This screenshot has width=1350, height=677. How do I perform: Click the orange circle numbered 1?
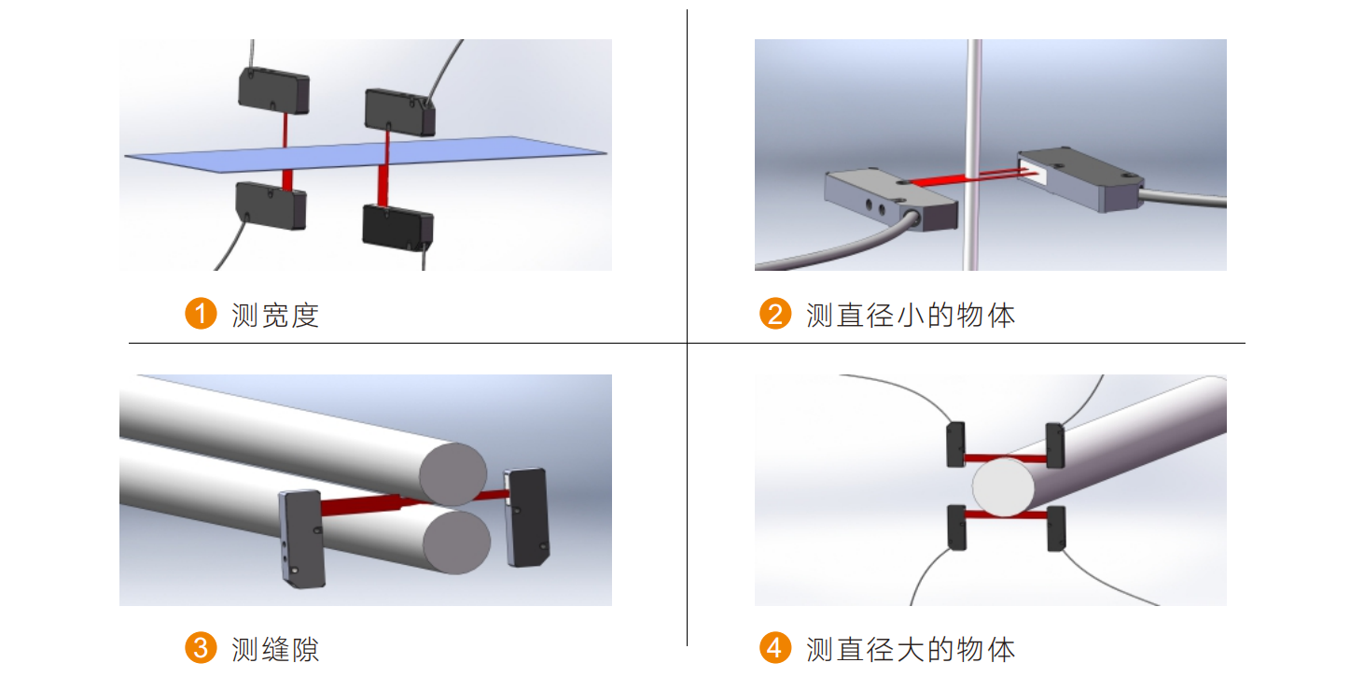[201, 313]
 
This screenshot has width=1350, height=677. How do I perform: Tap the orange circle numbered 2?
[775, 313]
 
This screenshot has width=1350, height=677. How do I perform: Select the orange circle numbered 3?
[201, 647]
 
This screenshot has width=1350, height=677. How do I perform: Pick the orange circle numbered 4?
[775, 647]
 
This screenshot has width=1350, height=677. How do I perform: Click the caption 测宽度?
[275, 315]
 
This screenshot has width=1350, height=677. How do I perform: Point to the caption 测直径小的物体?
[911, 315]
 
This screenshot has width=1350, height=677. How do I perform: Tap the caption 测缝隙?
[275, 649]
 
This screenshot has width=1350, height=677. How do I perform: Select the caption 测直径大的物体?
[911, 649]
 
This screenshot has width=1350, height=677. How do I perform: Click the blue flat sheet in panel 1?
[365, 154]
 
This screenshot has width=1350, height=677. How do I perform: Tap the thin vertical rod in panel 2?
[972, 154]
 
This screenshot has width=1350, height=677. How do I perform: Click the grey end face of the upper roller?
[453, 474]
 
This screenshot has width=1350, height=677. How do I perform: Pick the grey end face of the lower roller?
[456, 543]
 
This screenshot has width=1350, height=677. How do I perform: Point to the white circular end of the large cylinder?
[1003, 487]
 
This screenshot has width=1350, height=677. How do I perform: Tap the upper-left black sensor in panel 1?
[274, 91]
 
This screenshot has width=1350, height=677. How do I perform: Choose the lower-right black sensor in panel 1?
[397, 228]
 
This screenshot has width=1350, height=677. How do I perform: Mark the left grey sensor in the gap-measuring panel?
[302, 538]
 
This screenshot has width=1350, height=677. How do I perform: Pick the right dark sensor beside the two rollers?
[527, 517]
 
